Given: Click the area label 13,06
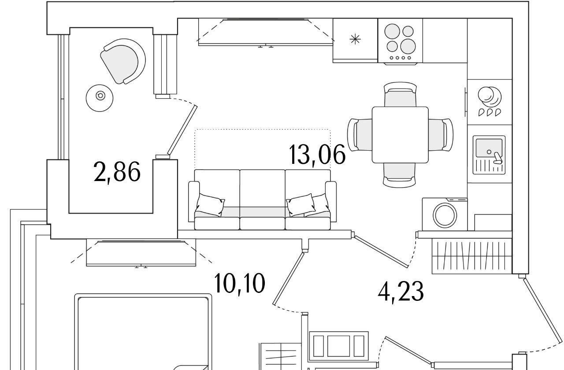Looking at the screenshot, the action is tap(317, 154).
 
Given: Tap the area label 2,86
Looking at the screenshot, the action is tap(117, 172).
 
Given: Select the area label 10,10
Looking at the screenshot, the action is tap(239, 284).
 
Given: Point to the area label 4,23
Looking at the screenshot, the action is tap(401, 292).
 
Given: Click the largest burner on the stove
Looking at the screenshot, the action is tap(408, 46).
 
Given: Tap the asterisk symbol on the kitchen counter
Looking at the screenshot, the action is tap(355, 39).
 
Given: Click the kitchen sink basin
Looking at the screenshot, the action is tap(489, 148).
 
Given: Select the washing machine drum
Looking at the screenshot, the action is tap(445, 215).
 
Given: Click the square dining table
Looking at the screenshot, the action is tap(400, 135).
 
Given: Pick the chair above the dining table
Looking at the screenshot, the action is tap(400, 94).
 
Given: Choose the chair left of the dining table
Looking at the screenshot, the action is tap(360, 135).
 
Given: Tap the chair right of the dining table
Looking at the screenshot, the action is tap(441, 135).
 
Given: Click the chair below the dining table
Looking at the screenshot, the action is tap(399, 175).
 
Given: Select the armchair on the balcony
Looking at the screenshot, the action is tap(123, 61).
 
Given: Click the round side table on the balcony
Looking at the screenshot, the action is tap(100, 98).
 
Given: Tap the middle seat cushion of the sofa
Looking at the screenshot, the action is tap(262, 212).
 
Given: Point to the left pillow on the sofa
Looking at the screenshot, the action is tap(210, 205).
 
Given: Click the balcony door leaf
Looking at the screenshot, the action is tap(182, 130).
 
